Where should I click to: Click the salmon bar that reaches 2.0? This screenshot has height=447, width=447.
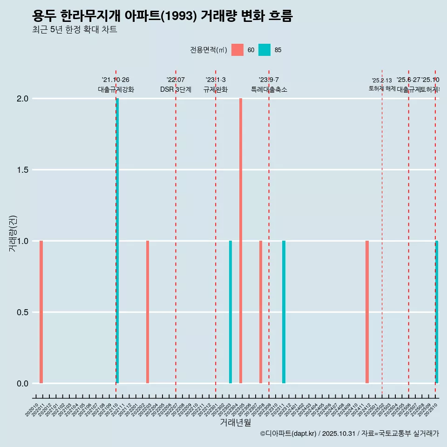[241, 241]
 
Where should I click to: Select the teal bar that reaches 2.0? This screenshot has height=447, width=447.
[117, 241]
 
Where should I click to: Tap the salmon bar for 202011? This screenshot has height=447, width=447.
[41, 312]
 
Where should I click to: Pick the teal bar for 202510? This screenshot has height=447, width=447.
[437, 312]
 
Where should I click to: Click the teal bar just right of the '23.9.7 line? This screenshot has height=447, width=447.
[284, 312]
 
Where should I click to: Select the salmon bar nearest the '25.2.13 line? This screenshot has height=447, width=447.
[367, 312]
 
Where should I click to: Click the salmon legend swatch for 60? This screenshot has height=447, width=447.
[237, 50]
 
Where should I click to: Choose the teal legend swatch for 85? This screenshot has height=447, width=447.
[264, 50]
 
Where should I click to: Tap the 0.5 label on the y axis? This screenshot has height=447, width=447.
[22, 312]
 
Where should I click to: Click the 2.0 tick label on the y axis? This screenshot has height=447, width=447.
[22, 99]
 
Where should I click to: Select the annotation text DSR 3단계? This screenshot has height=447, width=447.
[176, 90]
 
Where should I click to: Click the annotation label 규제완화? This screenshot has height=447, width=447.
[216, 90]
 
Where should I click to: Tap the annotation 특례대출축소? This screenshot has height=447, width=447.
[269, 90]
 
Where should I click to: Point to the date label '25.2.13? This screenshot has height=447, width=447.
[382, 81]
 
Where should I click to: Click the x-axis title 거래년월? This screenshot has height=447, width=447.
[235, 422]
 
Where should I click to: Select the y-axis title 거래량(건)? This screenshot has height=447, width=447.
[13, 234]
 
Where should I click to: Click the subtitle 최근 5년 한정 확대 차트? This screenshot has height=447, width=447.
[74, 30]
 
